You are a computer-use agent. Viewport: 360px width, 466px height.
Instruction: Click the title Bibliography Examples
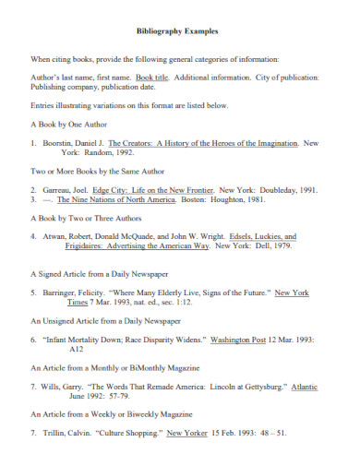(179, 30)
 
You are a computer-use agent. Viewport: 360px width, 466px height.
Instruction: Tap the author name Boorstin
(62, 144)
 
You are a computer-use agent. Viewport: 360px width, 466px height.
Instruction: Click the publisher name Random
(89, 154)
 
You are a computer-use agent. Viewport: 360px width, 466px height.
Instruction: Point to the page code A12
(51, 350)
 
